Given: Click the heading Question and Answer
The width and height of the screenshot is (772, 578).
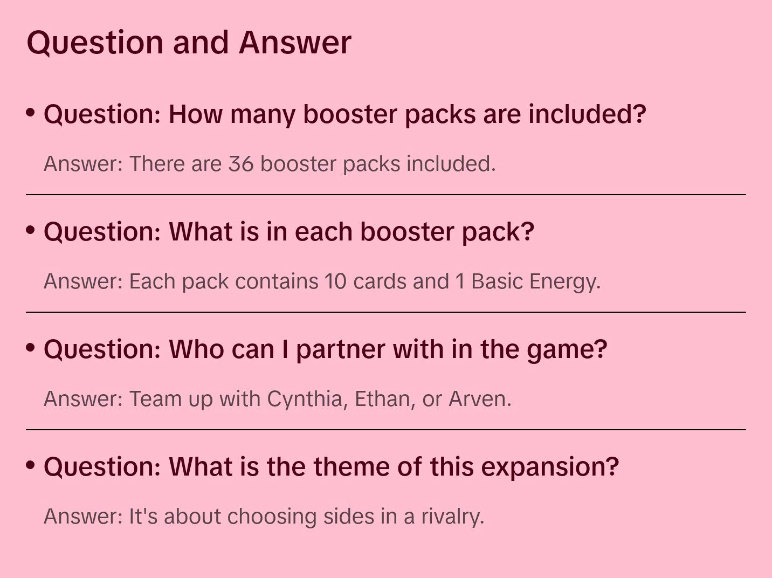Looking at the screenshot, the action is [189, 43].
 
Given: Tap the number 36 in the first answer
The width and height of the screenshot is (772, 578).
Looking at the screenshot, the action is [241, 164].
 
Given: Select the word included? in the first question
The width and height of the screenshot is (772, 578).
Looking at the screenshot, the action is [587, 114].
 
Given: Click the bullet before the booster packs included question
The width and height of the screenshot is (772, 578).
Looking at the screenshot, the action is [31, 113].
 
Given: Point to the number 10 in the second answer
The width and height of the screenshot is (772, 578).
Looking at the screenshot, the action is [335, 281].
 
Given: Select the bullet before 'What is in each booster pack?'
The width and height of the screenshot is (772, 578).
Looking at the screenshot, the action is [31, 230].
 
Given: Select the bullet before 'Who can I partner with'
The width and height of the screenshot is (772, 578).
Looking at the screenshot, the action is [31, 348].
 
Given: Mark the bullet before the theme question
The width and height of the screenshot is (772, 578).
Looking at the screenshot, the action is [31, 465].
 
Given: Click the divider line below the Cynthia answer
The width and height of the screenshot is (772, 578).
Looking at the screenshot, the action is [386, 429].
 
